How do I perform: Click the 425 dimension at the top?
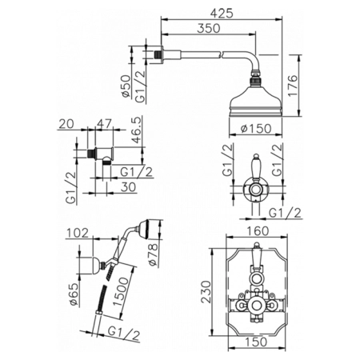(222, 13)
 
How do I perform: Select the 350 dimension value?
(209, 28)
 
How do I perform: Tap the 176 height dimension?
(292, 86)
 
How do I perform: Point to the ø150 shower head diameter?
(255, 129)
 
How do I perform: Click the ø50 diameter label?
(126, 86)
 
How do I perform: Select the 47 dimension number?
(103, 123)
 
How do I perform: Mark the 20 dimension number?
(66, 123)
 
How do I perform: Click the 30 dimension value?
(128, 187)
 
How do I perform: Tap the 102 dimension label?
(77, 233)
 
